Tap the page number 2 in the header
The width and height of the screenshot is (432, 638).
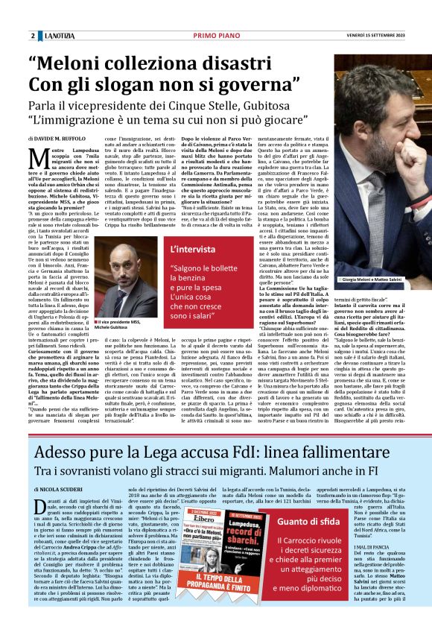pos(33,36)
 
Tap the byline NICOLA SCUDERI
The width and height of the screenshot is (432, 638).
pos(60,488)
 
